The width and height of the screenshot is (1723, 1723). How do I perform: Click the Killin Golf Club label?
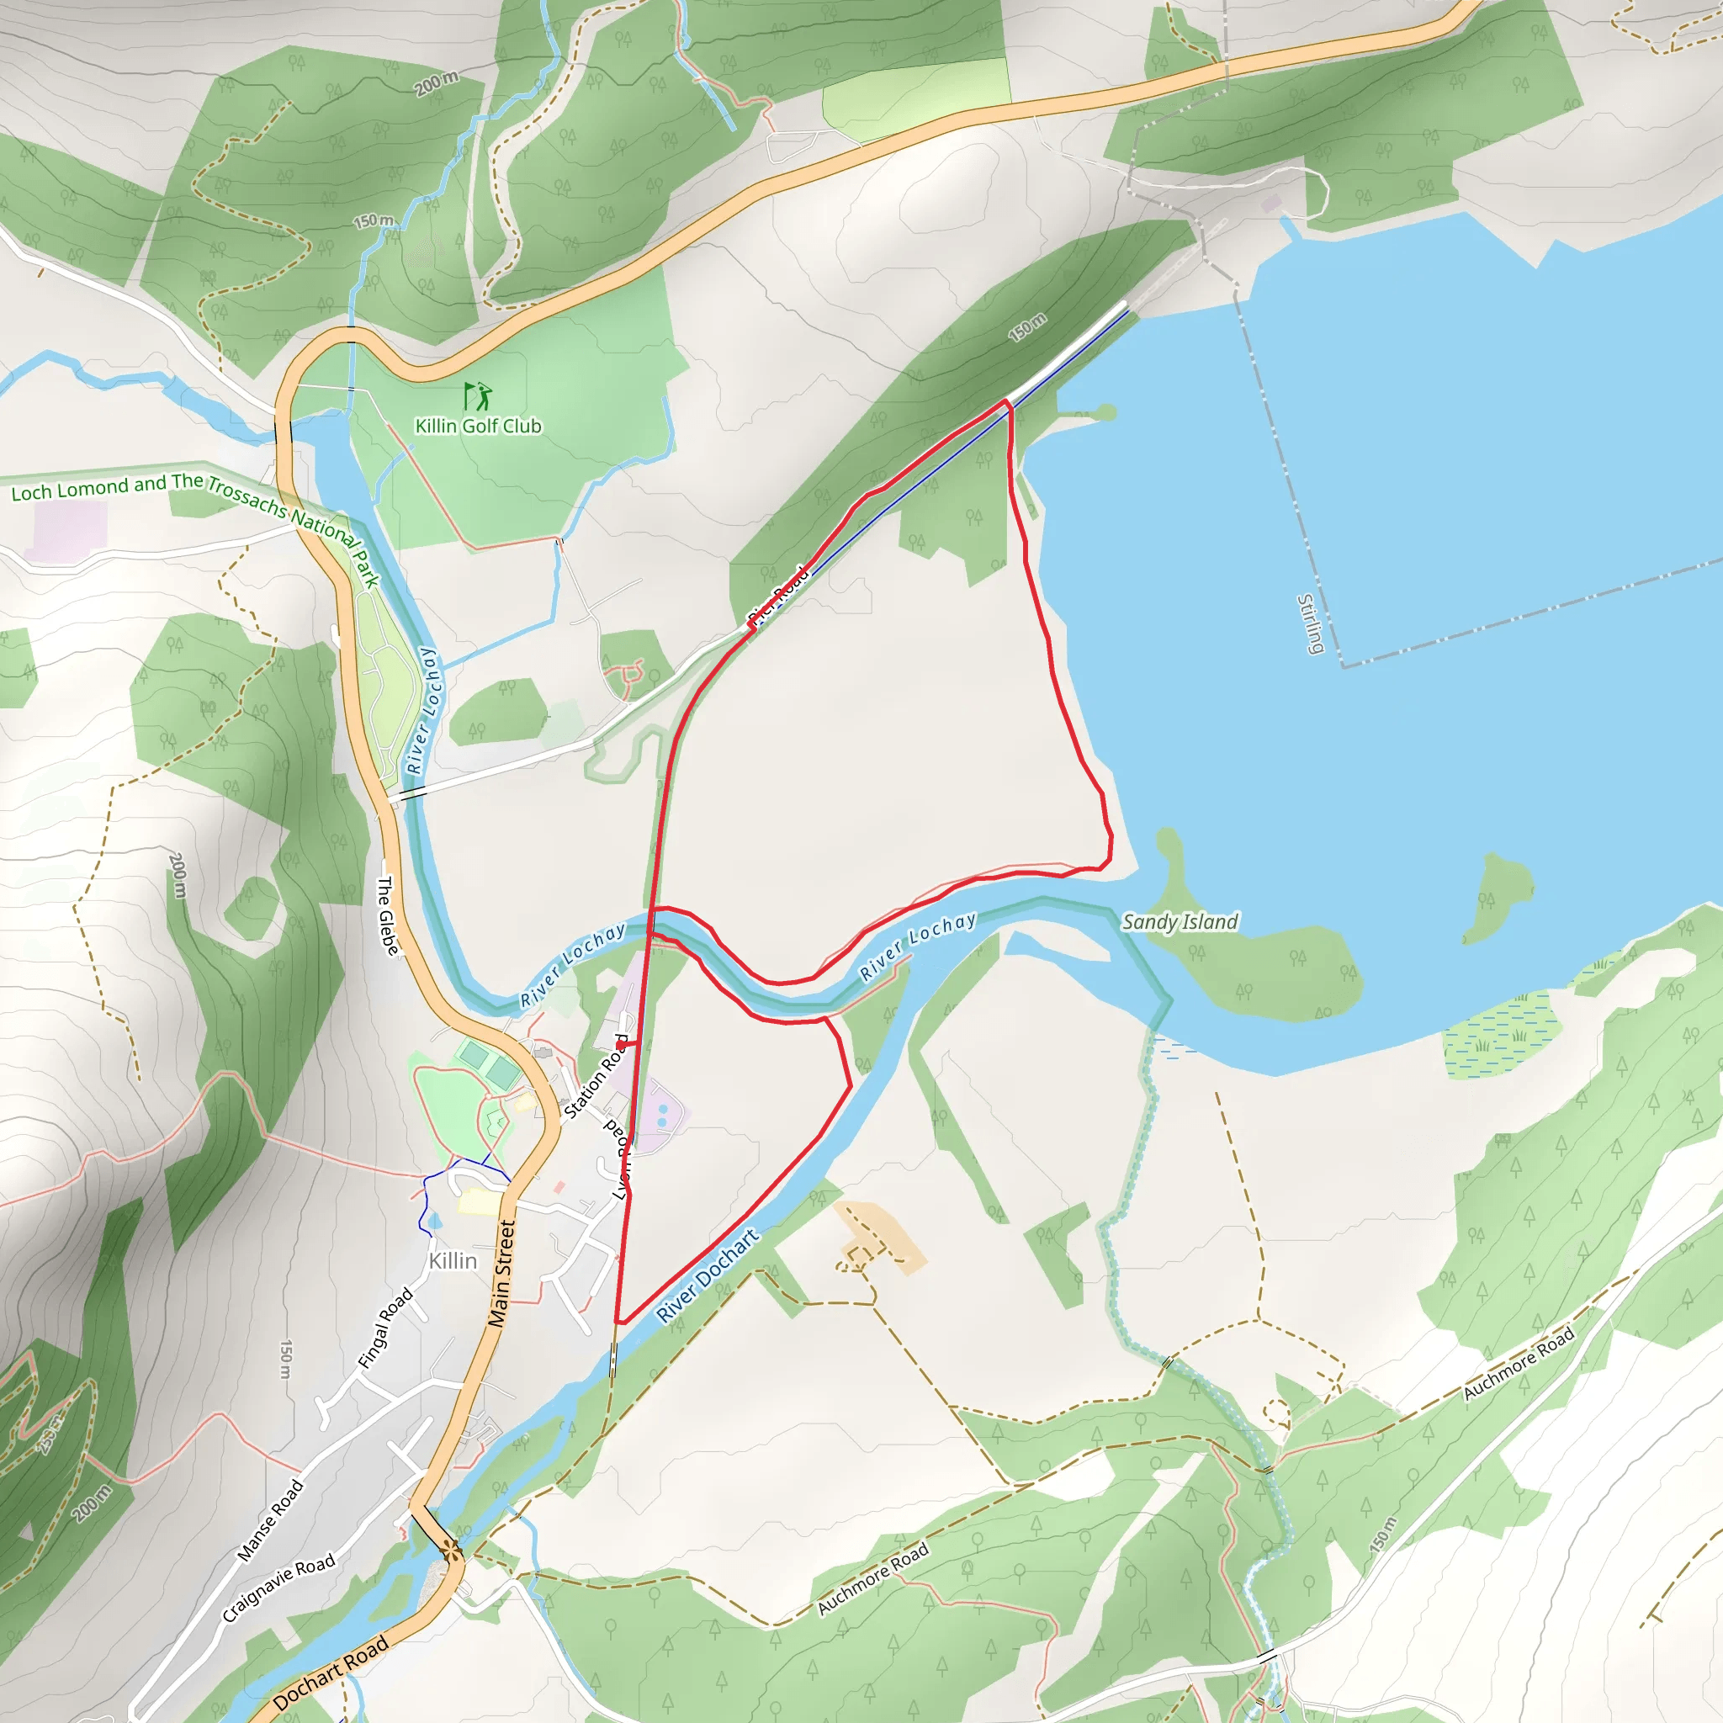coord(478,427)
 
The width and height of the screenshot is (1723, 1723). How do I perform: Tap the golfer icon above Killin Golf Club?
coord(478,395)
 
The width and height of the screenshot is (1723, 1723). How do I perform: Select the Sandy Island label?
coord(1179,922)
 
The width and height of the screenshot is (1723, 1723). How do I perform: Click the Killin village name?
coord(453,1261)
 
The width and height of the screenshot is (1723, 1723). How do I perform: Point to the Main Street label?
coord(502,1274)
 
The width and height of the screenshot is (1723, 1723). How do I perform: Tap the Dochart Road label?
coord(331,1673)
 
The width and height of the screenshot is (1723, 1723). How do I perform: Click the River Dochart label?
coord(708,1275)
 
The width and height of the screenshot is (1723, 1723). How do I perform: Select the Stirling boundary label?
coord(1309,623)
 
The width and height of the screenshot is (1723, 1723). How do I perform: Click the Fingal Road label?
coord(385,1328)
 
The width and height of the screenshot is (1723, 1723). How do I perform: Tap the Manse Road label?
coord(270,1520)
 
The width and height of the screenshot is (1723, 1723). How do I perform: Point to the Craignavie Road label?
coord(278,1588)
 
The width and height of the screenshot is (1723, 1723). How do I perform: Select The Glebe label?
coord(387,916)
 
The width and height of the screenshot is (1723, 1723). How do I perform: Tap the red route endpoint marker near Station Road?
coord(622,1044)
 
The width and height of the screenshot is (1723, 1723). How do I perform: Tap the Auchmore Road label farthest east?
coord(1519,1364)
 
